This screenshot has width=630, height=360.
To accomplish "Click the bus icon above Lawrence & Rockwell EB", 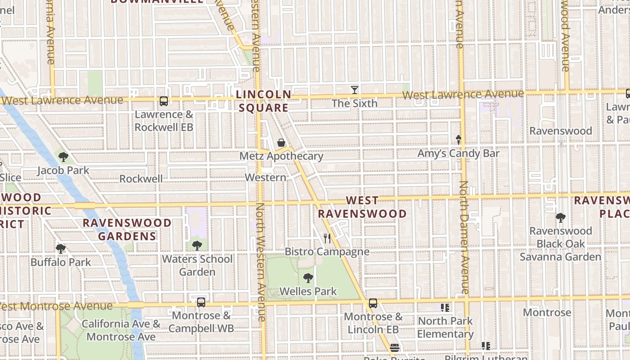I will click(164, 101).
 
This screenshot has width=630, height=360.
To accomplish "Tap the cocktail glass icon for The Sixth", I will click(355, 90).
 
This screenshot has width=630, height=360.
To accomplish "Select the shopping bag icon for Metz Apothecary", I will click(281, 143).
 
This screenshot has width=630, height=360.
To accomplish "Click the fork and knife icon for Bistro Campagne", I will click(327, 238).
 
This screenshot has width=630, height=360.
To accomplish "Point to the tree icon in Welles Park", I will click(308, 278).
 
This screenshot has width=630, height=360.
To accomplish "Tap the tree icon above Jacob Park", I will click(63, 157).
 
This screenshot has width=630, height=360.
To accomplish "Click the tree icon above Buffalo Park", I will click(61, 249).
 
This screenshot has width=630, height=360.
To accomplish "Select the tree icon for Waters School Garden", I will click(197, 246).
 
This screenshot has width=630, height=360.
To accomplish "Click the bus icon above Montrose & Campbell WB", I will click(201, 302).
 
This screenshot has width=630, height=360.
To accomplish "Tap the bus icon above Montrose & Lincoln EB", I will click(373, 303).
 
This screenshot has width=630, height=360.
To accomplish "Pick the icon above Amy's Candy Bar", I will click(459, 140).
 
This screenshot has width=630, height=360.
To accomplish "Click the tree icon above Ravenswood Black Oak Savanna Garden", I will click(561, 218).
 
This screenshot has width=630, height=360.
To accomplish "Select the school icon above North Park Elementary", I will click(445, 308).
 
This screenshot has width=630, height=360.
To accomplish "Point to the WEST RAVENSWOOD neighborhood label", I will click(363, 207).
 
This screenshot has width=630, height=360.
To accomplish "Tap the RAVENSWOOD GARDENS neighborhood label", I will click(127, 229).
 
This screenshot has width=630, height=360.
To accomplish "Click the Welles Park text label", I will click(308, 292).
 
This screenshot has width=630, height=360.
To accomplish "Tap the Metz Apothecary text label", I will click(281, 156).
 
